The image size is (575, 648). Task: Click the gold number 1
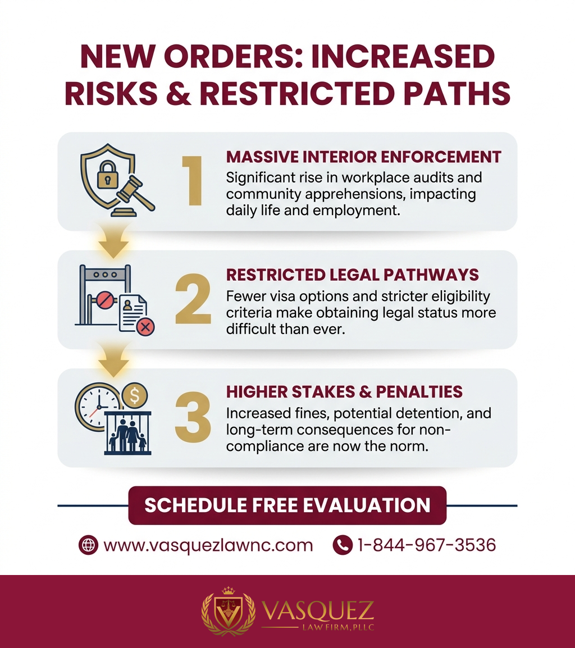click(193, 181)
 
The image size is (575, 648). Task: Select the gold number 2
click(193, 299)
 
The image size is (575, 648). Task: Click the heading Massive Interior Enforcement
click(363, 157)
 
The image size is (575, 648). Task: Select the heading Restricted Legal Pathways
click(352, 275)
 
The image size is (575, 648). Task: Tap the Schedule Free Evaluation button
click(287, 505)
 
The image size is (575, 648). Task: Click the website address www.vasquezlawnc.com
click(208, 545)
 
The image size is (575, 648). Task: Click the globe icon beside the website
click(88, 545)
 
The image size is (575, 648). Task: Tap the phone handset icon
click(342, 545)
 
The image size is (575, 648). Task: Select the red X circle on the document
click(145, 327)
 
